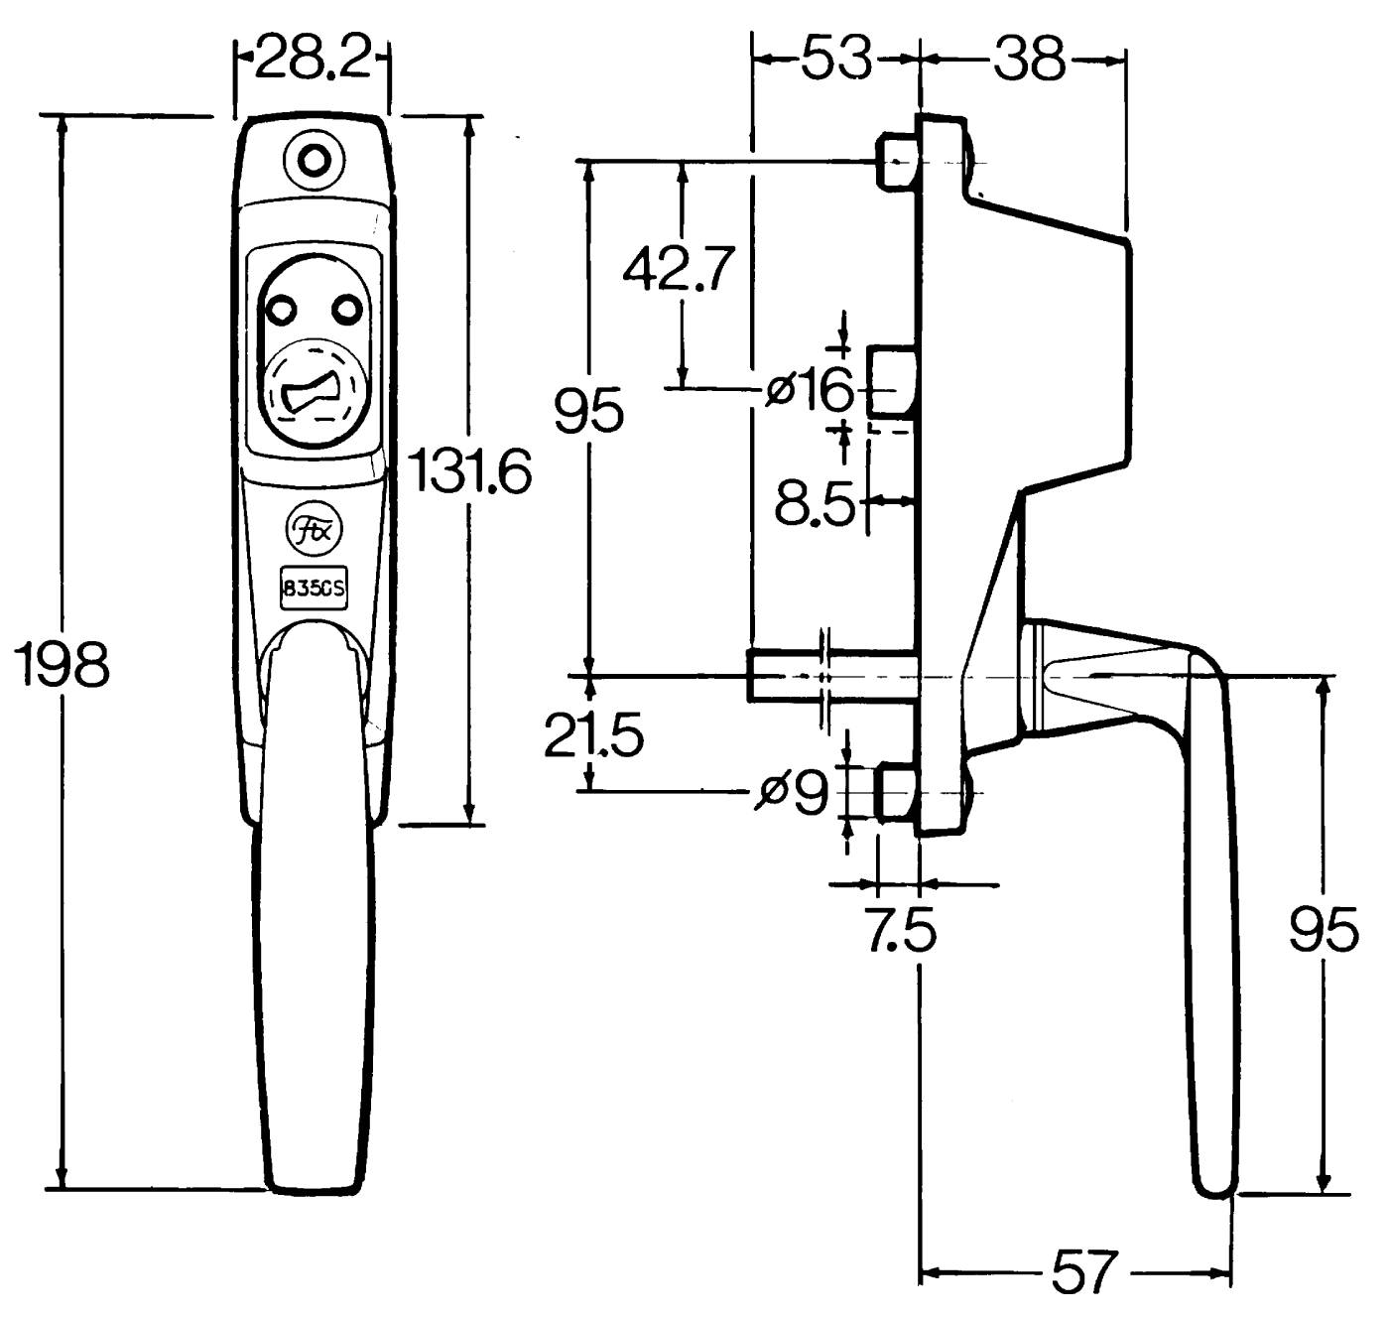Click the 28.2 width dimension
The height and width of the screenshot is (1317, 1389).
coord(312,58)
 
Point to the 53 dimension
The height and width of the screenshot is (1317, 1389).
coord(836,59)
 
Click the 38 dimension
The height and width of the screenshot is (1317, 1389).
coord(1029,59)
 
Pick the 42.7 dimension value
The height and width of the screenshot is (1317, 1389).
coord(680,268)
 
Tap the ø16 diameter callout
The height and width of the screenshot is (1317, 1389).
coord(810,389)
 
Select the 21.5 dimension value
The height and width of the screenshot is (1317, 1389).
coord(593,735)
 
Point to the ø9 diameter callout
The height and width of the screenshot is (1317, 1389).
coord(793,792)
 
